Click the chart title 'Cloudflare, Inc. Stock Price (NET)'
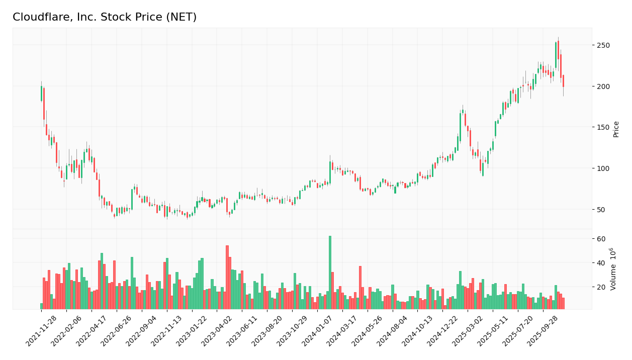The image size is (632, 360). (105, 17)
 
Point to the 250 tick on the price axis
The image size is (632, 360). (603, 45)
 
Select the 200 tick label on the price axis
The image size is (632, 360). (603, 86)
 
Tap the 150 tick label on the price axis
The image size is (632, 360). (603, 127)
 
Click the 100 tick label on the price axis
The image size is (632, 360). (603, 168)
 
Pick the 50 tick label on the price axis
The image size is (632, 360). (601, 209)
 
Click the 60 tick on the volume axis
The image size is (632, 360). (601, 239)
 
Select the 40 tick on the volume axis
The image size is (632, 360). (601, 263)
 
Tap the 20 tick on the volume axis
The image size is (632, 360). (601, 287)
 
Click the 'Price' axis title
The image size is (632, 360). (616, 129)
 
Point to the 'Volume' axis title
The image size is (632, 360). (613, 269)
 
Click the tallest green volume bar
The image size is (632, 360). (330, 272)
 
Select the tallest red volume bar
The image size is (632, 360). (227, 277)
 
